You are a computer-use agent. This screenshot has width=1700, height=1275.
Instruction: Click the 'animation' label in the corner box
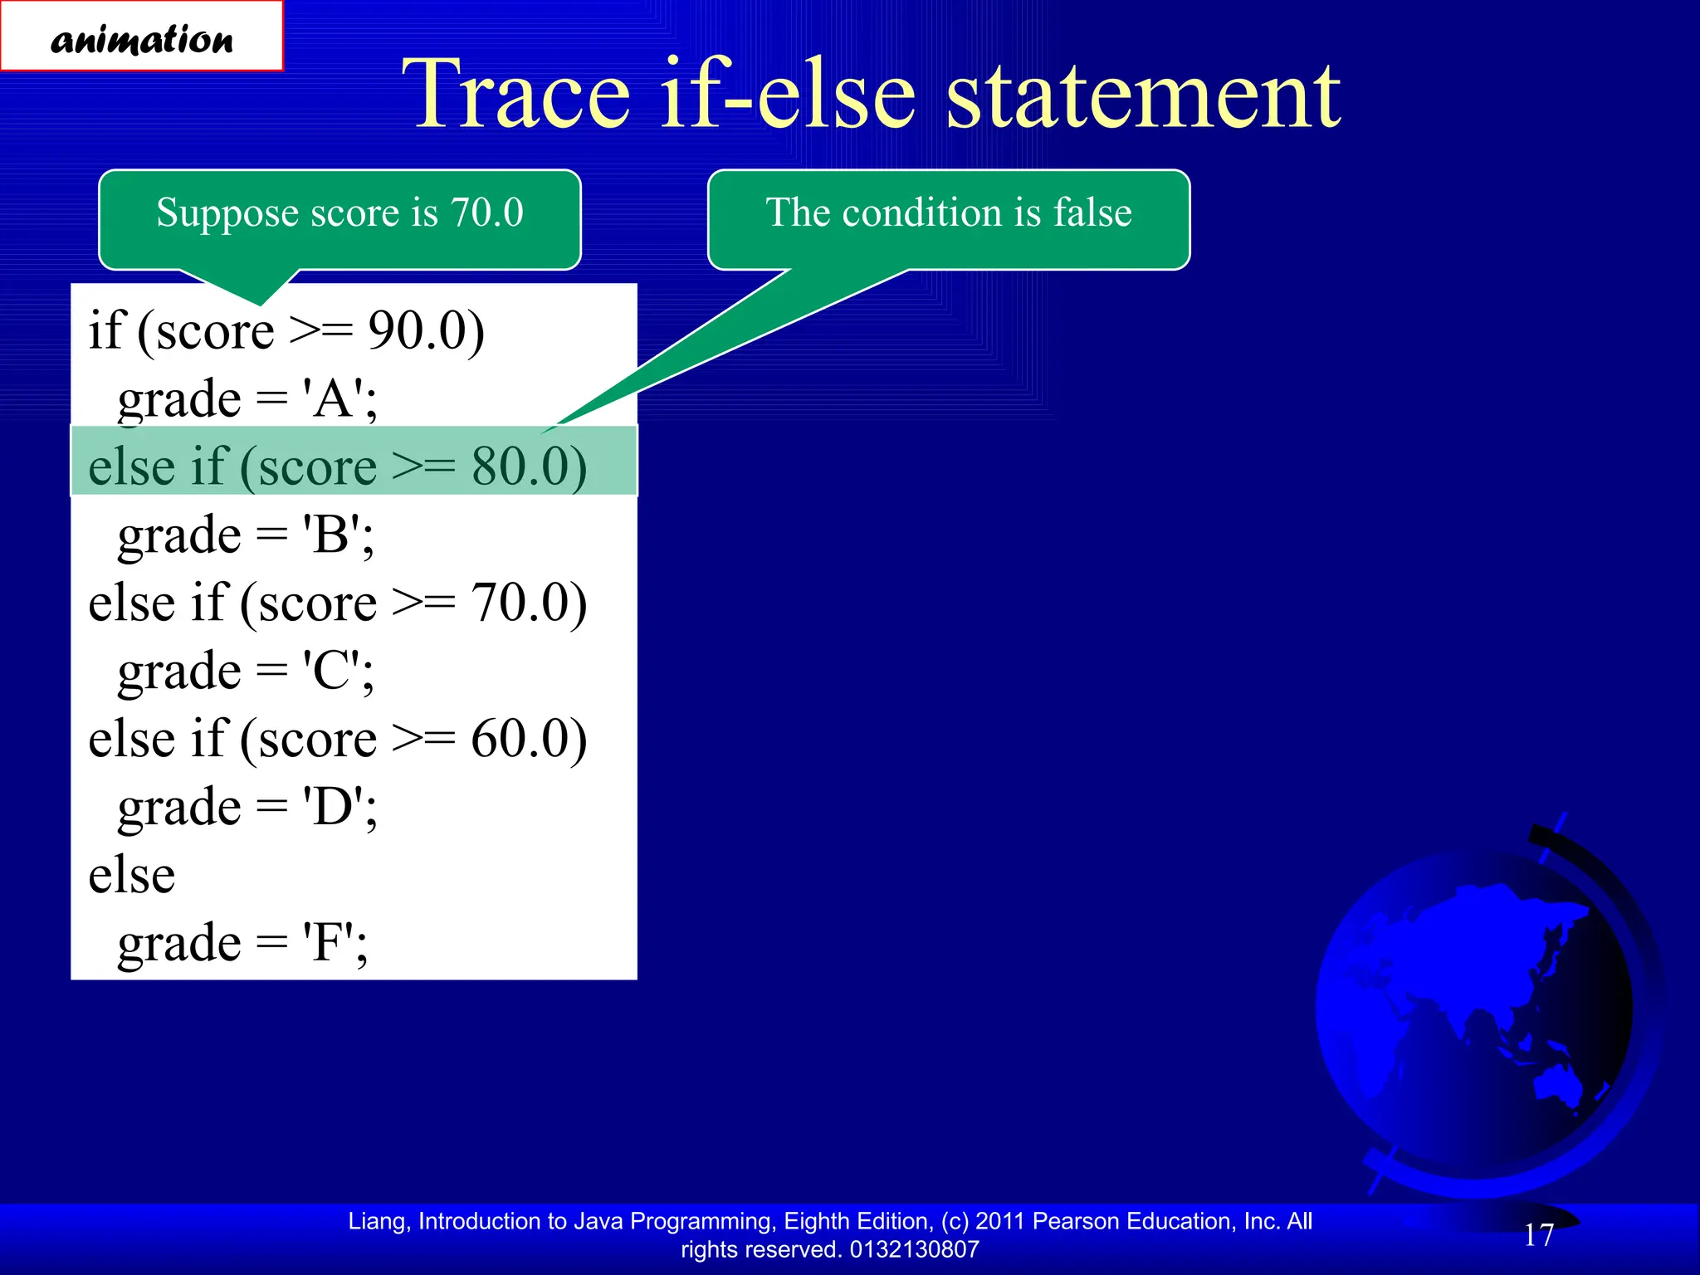click(142, 39)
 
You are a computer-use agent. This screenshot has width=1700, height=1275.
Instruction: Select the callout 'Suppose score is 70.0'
click(340, 213)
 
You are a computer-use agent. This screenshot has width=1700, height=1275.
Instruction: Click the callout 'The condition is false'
click(948, 213)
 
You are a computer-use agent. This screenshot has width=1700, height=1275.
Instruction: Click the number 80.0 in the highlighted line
click(520, 467)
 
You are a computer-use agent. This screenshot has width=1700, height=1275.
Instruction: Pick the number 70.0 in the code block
click(520, 603)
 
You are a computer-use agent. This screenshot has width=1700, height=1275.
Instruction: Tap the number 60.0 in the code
click(520, 739)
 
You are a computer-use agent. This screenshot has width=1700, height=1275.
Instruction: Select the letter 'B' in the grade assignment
click(331, 535)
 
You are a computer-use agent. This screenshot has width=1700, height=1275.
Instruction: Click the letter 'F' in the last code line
click(329, 944)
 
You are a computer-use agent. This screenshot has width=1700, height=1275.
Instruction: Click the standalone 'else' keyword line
click(132, 876)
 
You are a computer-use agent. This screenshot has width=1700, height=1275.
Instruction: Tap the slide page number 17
click(1538, 1235)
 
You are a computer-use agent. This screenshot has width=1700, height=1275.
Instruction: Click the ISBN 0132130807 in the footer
click(914, 1249)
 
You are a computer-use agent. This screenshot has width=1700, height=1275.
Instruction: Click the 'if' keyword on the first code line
click(105, 331)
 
